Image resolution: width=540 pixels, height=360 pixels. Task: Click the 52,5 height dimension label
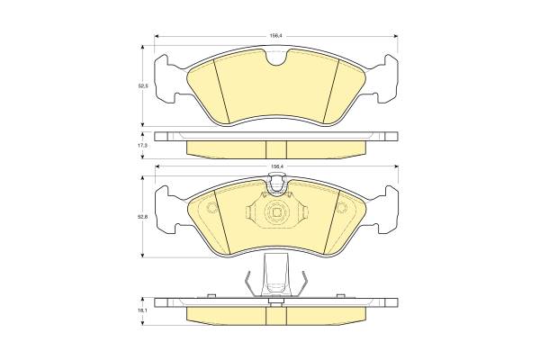pos(142,86)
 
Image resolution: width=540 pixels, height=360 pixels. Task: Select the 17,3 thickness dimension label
pos(142,146)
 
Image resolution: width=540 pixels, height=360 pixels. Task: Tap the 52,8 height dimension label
pos(142,217)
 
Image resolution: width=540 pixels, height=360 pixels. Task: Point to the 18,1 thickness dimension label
pos(142,310)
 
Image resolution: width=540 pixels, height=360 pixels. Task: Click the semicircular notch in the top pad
pos(276,58)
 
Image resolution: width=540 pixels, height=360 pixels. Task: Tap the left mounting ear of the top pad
pos(168,78)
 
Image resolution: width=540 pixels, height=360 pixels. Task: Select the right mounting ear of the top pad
pos(383,78)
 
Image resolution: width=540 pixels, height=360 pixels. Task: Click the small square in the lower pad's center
pos(276,213)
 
